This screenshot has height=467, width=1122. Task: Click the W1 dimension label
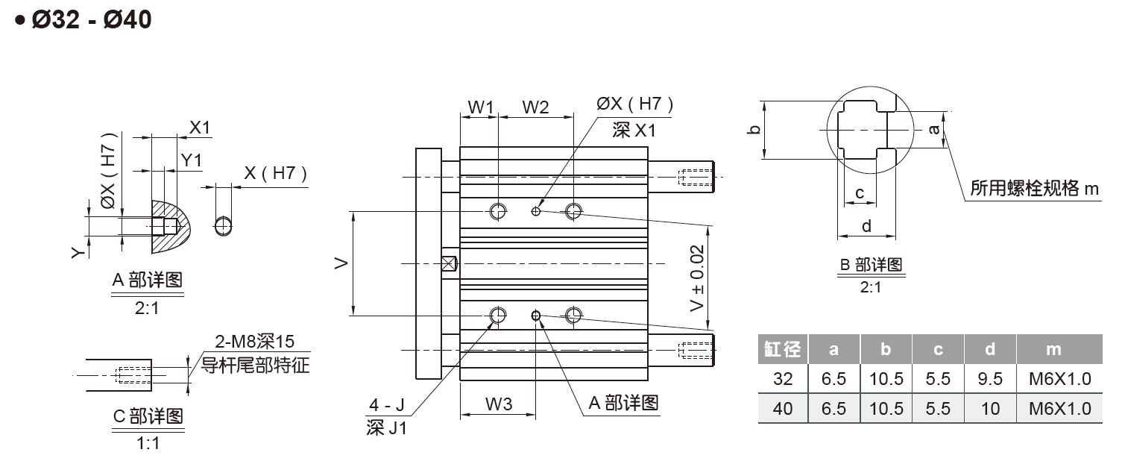point(481,107)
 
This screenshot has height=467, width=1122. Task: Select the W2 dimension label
point(535,107)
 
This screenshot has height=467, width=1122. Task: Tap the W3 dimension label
point(499,404)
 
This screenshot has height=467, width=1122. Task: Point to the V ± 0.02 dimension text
point(697,278)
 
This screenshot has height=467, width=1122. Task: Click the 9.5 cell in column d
point(990,379)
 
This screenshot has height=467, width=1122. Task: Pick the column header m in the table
point(1053,349)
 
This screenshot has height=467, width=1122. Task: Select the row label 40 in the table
point(782,409)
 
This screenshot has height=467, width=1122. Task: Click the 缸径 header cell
point(782,349)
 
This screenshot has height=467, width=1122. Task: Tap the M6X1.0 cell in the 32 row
point(1060,379)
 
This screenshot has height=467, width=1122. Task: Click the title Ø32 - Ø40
point(91,20)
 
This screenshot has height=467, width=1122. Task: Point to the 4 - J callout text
point(387,404)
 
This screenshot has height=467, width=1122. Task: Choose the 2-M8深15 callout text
point(254,342)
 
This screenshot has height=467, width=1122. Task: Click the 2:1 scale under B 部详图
point(871,287)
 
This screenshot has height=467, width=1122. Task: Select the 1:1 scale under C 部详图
point(148,443)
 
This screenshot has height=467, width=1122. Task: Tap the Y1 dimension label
point(191,160)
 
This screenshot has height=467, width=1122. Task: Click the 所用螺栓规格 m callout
point(1034,189)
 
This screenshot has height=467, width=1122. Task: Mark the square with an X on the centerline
point(450,263)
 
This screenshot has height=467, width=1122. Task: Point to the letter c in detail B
point(860,193)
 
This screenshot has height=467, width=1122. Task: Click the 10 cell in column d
point(990,409)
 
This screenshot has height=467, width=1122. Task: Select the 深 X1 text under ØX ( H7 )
point(634,131)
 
